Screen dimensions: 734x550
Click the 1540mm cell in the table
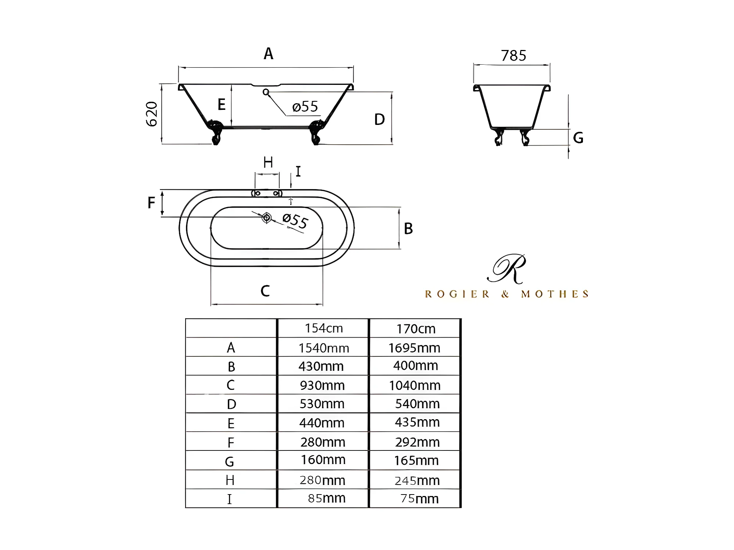click(323, 348)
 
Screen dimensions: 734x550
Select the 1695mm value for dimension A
click(414, 348)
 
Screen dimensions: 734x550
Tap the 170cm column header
click(416, 328)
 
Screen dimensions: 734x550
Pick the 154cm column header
click(323, 328)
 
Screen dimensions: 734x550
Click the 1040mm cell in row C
click(415, 385)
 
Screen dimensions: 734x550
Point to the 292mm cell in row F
click(417, 442)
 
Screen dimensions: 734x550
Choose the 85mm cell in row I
click(326, 498)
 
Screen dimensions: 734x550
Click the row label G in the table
click(230, 461)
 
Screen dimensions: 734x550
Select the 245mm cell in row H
click(417, 481)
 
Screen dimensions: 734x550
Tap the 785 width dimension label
click(513, 55)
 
